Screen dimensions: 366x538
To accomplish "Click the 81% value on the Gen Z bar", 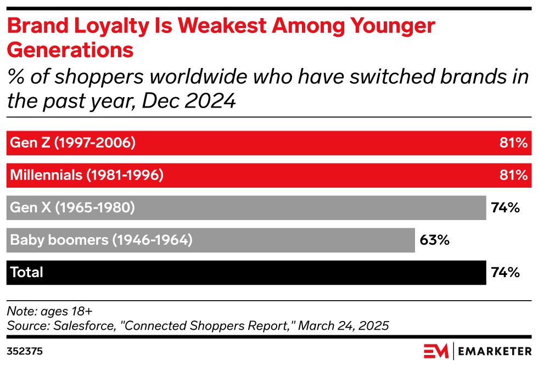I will [513, 143].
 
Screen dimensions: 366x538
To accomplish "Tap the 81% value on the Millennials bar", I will [513, 176].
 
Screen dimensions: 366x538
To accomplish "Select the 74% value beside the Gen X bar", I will [506, 208].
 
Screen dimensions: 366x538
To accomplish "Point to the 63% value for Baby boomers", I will [434, 240].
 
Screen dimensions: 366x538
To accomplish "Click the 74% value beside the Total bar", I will [506, 273].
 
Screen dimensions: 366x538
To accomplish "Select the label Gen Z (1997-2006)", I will [72, 143].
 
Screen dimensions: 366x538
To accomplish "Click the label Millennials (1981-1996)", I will [87, 176].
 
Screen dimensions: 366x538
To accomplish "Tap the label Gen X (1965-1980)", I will [72, 208].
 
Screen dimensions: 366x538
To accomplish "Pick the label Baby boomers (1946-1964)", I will [101, 240].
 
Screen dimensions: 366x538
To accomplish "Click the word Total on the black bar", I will [26, 273].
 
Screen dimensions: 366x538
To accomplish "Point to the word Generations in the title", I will [70, 50].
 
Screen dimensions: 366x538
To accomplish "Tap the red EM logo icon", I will [436, 351].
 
